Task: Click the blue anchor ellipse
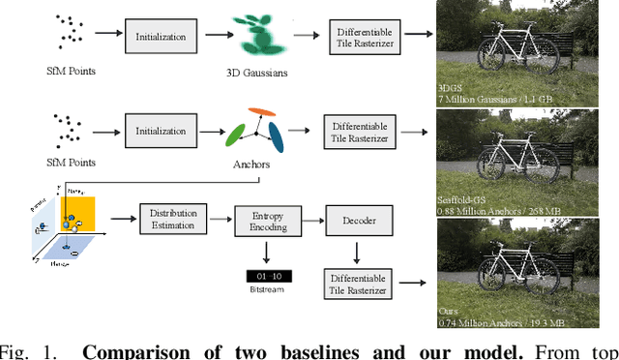(276, 136)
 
